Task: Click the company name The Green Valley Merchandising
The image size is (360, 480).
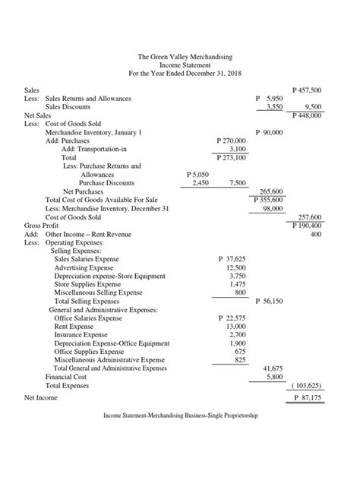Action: [x=185, y=58]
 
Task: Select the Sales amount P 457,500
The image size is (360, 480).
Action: [x=307, y=90]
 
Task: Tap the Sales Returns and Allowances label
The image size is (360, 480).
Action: [x=88, y=99]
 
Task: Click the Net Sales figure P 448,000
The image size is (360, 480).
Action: [x=307, y=116]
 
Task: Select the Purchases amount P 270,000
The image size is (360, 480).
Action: [x=232, y=141]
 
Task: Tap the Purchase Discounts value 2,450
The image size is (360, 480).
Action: [x=201, y=183]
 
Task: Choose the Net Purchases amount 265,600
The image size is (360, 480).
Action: [x=271, y=191]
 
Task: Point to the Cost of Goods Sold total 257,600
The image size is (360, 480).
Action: [x=310, y=217]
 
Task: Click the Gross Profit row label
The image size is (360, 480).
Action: [x=43, y=226]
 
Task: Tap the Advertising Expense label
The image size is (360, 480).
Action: [x=84, y=267]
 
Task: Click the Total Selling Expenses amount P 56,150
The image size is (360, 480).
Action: [x=269, y=301]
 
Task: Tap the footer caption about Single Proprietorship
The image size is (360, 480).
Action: [x=181, y=416]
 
